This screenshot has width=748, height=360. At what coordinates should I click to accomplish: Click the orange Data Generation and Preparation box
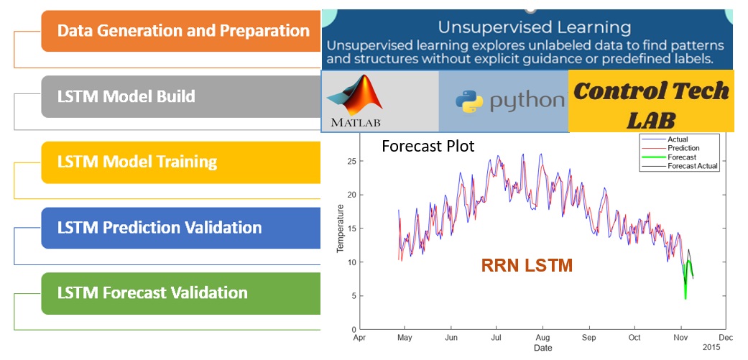tap(181, 31)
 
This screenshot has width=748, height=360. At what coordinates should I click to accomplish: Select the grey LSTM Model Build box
tap(181, 96)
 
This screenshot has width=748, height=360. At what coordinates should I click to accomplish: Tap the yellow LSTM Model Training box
tap(181, 162)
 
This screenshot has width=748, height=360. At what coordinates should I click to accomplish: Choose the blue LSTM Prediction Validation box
tap(181, 228)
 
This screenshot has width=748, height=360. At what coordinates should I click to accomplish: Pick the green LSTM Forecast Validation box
tap(181, 293)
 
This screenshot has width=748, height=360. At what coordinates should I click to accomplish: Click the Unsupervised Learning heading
tap(535, 28)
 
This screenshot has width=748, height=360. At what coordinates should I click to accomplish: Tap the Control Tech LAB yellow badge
tap(651, 101)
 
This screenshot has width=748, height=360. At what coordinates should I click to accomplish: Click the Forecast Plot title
tap(428, 147)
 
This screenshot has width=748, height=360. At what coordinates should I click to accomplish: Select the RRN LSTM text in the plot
tap(527, 266)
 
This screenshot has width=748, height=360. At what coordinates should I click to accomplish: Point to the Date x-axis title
tap(542, 349)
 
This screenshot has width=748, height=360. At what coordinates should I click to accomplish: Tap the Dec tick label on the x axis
tap(725, 337)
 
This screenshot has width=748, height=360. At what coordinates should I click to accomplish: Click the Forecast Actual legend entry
tap(692, 166)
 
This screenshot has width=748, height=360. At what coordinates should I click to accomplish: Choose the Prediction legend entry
tap(683, 148)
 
